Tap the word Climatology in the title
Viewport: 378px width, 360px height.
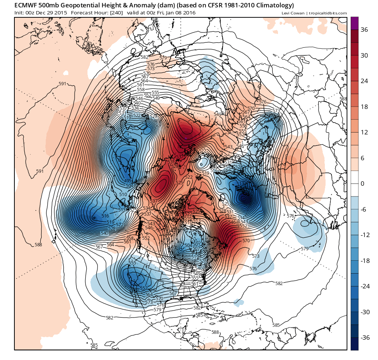(273, 6)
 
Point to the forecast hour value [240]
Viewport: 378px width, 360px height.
(116, 13)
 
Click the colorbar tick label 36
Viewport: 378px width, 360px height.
(364, 30)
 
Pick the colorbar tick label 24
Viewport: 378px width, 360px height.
(364, 81)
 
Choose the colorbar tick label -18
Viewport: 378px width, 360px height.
(365, 261)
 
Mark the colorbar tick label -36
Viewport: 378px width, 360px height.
(365, 337)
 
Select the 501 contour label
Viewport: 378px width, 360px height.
(196, 244)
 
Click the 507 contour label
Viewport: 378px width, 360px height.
(196, 248)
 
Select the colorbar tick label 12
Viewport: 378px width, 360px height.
(364, 132)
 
